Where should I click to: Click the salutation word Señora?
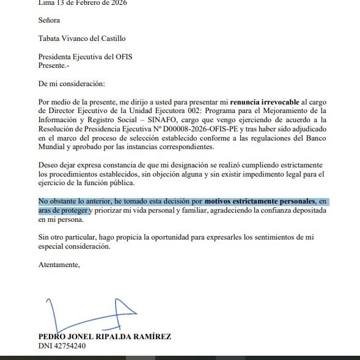click(x=50, y=20)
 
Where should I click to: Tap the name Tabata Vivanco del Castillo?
click(x=82, y=39)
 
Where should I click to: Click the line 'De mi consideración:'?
click(x=71, y=83)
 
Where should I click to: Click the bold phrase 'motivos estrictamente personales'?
click(x=260, y=200)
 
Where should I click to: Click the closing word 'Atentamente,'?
click(x=59, y=265)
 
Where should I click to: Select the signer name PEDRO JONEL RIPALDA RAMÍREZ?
click(x=105, y=336)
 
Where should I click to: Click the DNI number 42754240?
click(x=69, y=345)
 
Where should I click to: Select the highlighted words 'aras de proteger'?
click(x=64, y=210)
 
